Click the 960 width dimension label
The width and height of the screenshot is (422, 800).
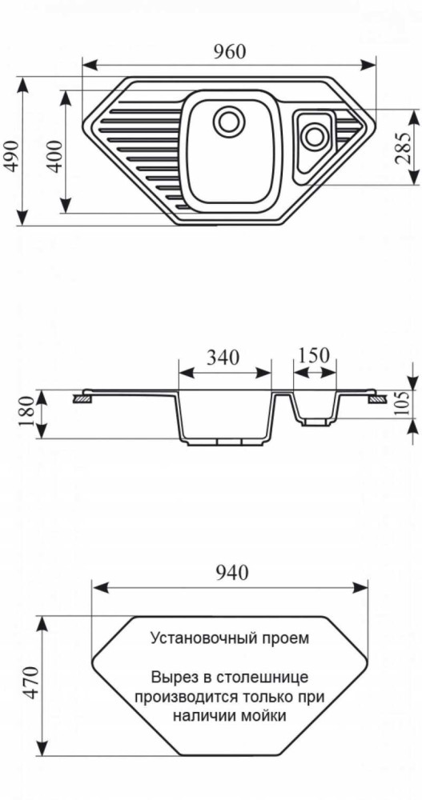pos(229,50)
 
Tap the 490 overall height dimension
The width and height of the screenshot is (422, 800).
pos(11,153)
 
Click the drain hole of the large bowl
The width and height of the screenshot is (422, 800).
pos(228,123)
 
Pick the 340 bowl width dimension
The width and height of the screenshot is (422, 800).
pos(223,358)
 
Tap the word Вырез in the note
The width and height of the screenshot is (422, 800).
pos(171,677)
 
